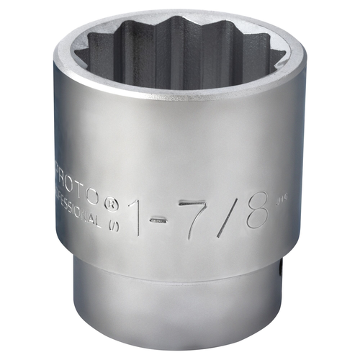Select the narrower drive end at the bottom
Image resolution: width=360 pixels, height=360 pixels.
pos(180,310)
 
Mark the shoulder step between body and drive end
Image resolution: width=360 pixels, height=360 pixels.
pos(180,275)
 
